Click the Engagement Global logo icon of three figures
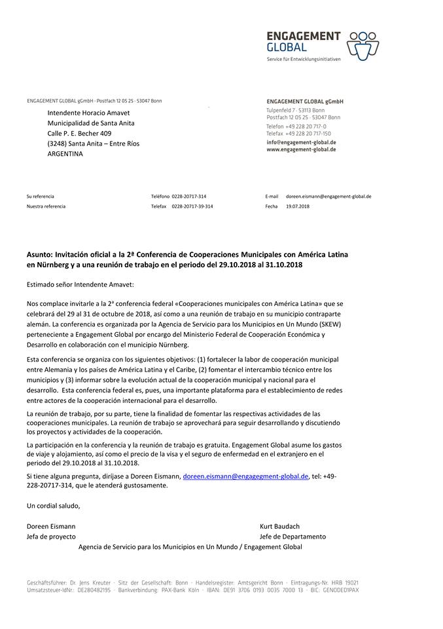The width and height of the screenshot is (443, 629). (x=363, y=44)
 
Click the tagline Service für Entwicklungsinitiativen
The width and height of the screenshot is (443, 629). (x=304, y=59)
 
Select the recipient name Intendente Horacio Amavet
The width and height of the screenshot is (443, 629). (x=88, y=112)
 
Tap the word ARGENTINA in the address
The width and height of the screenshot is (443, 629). (x=65, y=153)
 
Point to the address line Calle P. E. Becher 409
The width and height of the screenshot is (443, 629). (x=79, y=133)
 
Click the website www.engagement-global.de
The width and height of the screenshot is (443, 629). (x=301, y=149)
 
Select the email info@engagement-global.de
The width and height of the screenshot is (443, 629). (x=301, y=142)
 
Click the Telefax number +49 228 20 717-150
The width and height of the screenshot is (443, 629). (x=308, y=133)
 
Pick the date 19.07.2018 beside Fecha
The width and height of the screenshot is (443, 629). (x=298, y=206)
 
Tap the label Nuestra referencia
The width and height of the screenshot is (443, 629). (x=46, y=206)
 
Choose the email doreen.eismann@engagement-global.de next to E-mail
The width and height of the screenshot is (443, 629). (x=328, y=196)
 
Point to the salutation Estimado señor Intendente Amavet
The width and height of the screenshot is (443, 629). (x=80, y=284)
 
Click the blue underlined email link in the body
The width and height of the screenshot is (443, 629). (x=245, y=476)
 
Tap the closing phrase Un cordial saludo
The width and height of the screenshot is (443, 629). (x=53, y=505)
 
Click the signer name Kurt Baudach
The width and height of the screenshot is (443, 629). (x=279, y=526)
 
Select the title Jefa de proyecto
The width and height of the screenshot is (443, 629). (x=51, y=537)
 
